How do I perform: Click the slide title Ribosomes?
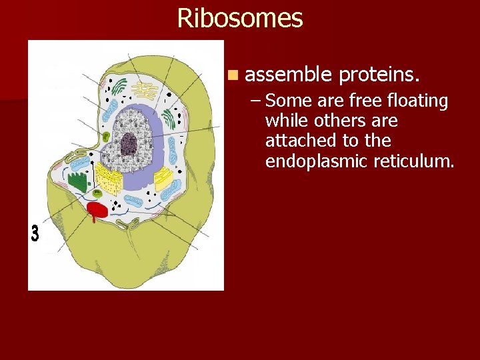tap(240, 18)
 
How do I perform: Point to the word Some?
tap(287, 101)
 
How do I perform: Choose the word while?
tap(283, 121)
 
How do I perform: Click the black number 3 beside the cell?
tap(35, 234)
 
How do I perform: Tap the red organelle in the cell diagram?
tap(97, 211)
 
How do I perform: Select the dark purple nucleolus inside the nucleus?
tap(128, 142)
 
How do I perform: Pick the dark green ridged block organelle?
tap(78, 182)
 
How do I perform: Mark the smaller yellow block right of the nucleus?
tap(163, 177)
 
